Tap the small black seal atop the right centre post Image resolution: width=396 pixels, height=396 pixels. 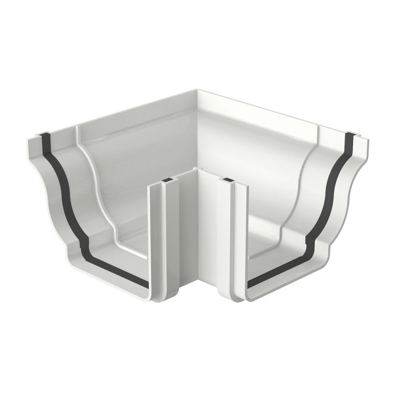228,179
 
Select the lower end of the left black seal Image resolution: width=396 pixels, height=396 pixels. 147,286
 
